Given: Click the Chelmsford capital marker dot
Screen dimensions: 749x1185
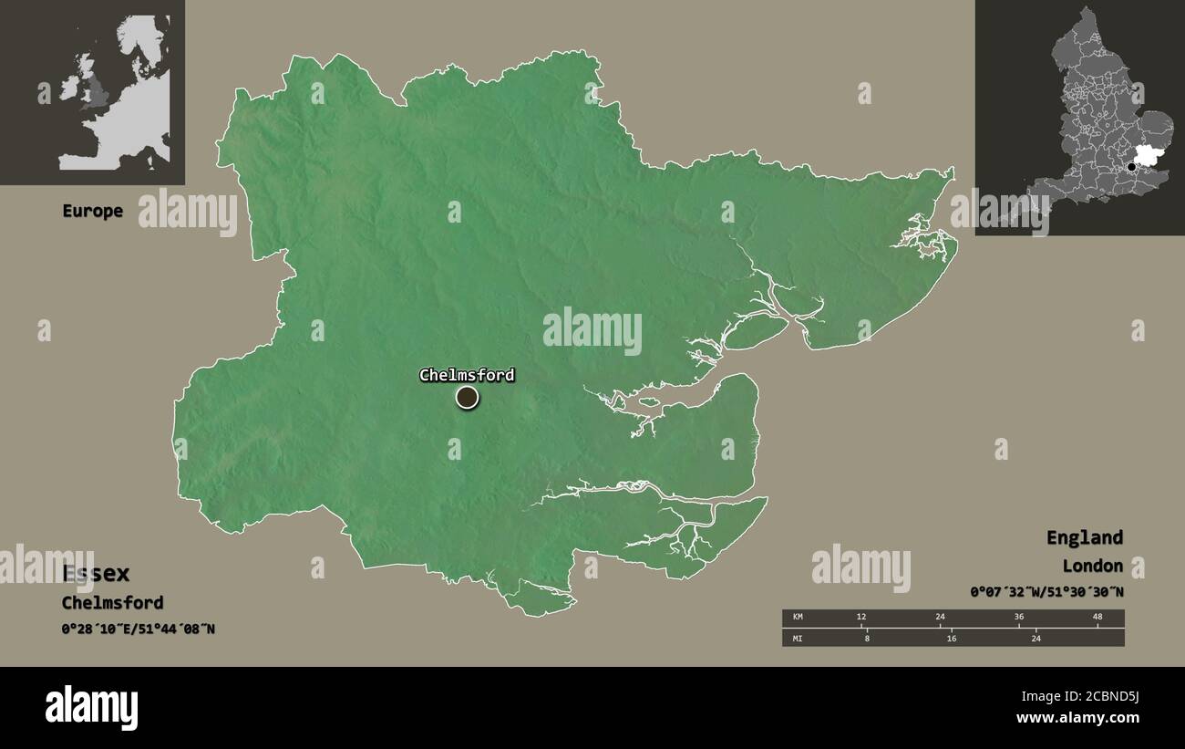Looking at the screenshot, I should click(467, 398).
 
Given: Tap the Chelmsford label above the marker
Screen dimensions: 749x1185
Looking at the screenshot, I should click(467, 375).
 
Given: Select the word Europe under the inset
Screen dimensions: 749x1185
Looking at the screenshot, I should click(92, 211).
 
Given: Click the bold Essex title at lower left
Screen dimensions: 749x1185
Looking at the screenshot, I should click(96, 574).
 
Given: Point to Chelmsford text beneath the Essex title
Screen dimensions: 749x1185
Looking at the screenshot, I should click(112, 602).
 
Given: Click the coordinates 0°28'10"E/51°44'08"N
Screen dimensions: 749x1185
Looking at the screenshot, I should click(139, 629).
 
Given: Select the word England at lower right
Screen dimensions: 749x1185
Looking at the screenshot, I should click(1084, 537).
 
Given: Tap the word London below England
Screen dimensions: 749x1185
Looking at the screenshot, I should click(1092, 566).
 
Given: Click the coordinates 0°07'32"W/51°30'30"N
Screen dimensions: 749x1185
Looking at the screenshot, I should click(1046, 592).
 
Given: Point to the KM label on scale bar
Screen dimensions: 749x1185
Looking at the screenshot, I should click(798, 618).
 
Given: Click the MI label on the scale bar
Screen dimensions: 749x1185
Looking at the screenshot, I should click(798, 639).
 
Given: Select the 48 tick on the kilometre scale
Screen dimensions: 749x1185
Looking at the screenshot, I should click(1097, 618).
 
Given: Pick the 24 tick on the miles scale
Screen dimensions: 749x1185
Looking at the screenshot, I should click(1036, 639).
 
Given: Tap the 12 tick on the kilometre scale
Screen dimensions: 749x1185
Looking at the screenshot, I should click(861, 618).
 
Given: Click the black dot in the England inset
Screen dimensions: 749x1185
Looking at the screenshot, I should click(1132, 167).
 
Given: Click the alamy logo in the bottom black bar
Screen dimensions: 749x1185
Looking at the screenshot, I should click(91, 708).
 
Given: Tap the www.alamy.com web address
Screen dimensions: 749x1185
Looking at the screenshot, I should click(1078, 719).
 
